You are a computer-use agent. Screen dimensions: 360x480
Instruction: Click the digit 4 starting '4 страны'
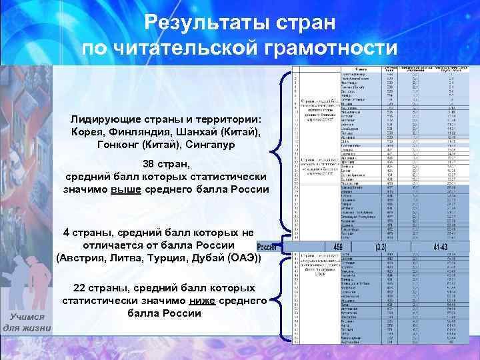coord(67,232)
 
